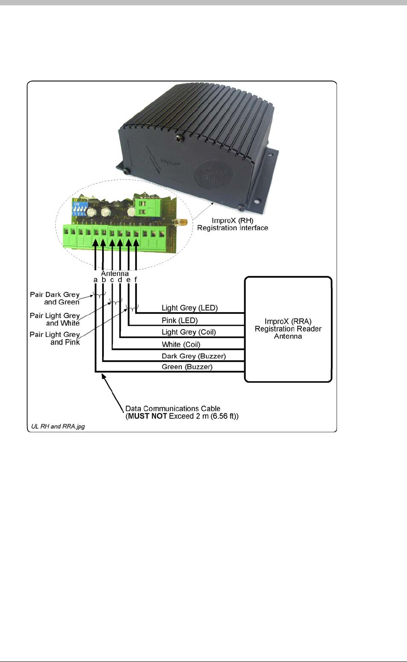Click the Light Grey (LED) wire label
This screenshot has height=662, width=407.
pyautogui.click(x=189, y=308)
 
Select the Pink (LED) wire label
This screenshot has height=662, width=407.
pyautogui.click(x=179, y=321)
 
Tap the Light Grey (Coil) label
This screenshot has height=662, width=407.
pyautogui.click(x=189, y=332)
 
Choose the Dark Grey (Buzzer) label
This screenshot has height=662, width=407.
pyautogui.click(x=193, y=356)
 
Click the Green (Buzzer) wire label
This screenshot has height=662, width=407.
pyautogui.click(x=187, y=367)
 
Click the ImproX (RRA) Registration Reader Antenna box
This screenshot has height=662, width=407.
pyautogui.click(x=288, y=329)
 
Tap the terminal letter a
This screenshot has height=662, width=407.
pyautogui.click(x=95, y=280)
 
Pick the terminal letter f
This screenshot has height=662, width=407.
pyautogui.click(x=136, y=280)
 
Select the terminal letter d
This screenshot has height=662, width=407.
pyautogui.click(x=120, y=280)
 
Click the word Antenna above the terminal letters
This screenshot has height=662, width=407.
pyautogui.click(x=115, y=274)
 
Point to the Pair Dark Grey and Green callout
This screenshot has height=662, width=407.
pyautogui.click(x=55, y=298)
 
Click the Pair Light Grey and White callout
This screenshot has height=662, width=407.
pyautogui.click(x=55, y=320)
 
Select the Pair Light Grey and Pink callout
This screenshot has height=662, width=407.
pyautogui.click(x=55, y=338)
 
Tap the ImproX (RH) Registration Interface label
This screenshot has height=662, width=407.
pyautogui.click(x=233, y=224)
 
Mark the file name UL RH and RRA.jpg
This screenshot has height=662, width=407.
pyautogui.click(x=58, y=426)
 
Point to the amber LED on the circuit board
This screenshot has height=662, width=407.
pyautogui.click(x=184, y=221)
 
